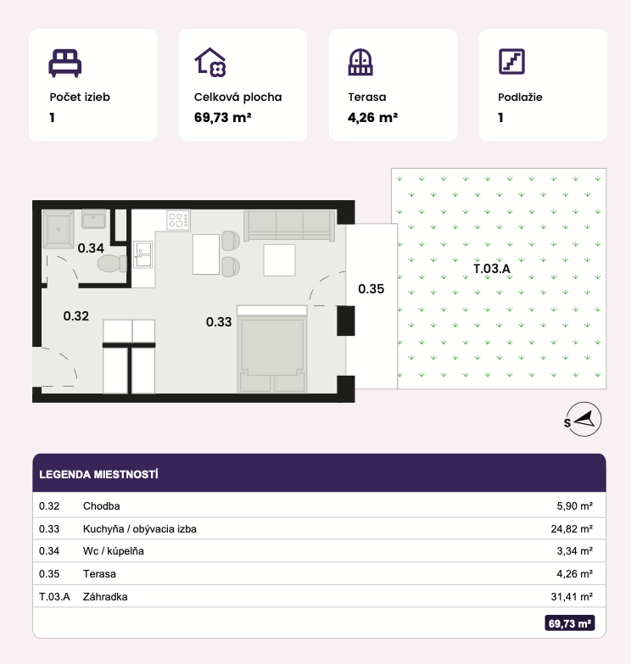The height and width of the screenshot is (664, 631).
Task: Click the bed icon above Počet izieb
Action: click(x=64, y=63)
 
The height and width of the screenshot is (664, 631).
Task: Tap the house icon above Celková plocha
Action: click(x=210, y=62)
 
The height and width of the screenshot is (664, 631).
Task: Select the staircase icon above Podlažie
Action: click(x=511, y=61)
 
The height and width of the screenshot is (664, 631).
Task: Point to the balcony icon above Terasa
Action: click(x=360, y=62)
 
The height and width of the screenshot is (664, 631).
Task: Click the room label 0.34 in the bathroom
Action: click(x=91, y=248)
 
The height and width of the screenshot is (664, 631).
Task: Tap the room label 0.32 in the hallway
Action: click(x=76, y=316)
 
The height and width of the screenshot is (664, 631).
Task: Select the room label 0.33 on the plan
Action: click(x=219, y=322)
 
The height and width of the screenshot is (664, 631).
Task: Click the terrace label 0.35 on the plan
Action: click(x=371, y=289)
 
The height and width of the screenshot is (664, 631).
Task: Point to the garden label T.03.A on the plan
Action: click(x=492, y=269)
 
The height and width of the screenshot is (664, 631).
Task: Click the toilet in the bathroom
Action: click(x=112, y=264)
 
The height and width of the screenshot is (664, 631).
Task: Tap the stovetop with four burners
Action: click(x=178, y=220)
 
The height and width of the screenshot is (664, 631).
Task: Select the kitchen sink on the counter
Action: click(x=143, y=255)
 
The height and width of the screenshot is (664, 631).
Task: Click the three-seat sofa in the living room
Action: click(x=289, y=226)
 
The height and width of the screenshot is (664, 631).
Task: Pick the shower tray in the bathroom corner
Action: click(x=59, y=229)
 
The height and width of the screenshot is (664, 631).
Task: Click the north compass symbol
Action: click(x=584, y=419)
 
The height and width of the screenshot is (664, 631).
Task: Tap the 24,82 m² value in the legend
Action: click(x=572, y=528)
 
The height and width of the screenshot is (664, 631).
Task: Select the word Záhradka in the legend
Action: click(x=105, y=597)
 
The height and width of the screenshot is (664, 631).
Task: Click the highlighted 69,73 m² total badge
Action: click(x=570, y=623)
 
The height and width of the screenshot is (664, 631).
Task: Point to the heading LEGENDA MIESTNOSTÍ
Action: click(x=98, y=474)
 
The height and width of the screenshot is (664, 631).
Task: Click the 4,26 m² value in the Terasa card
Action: click(x=372, y=117)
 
